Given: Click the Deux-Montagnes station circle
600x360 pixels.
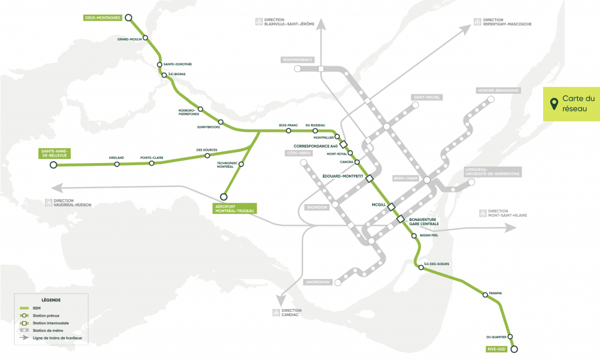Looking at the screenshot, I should tap(128, 18).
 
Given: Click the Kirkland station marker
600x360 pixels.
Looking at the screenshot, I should tap(117, 164).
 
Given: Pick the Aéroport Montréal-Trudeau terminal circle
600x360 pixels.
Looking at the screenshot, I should tap(223, 196).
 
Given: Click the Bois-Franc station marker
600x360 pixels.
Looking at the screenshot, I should tap(288, 130).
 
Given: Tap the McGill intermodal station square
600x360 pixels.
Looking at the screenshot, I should tap(391, 206).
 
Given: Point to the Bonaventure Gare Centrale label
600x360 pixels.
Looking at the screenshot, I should tap(424, 222).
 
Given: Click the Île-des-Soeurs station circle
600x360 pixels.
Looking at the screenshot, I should tap(420, 267).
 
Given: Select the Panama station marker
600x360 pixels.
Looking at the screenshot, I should tap(485, 295).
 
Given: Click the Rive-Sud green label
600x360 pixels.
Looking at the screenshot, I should tap(496, 349).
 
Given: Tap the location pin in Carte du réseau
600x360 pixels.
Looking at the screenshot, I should tap(553, 104).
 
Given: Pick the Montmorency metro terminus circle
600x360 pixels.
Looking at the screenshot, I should tap(298, 69).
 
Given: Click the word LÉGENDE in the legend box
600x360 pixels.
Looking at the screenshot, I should tap(52, 300).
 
